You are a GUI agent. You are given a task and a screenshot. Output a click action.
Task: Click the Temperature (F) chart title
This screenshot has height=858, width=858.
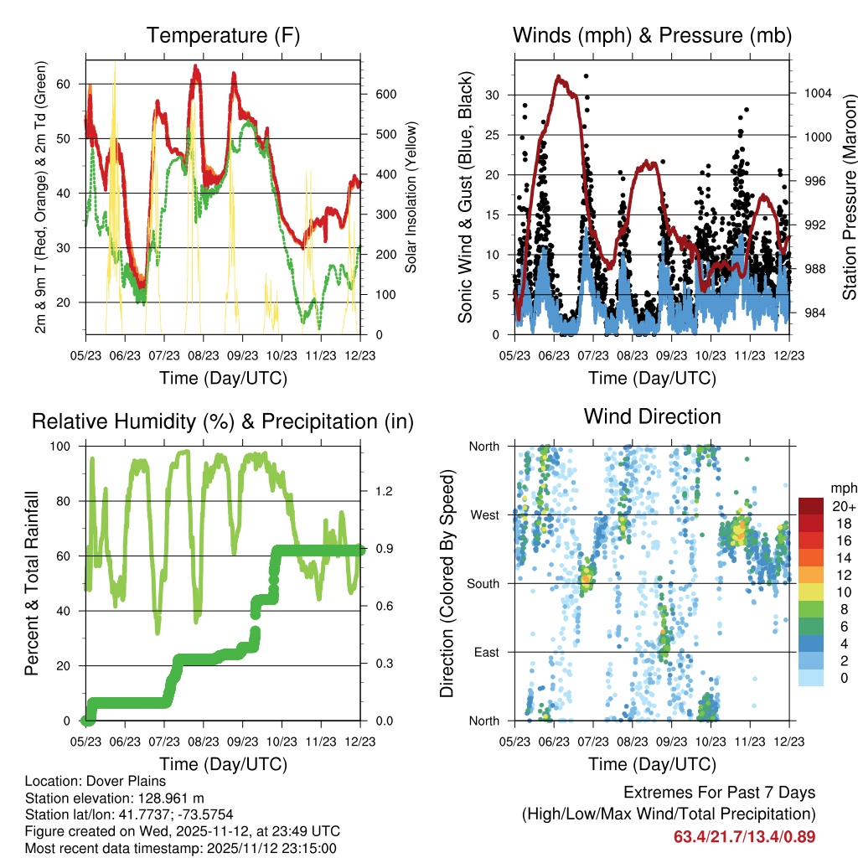click(223, 36)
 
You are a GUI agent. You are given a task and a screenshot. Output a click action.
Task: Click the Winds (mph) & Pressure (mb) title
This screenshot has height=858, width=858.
click(652, 36)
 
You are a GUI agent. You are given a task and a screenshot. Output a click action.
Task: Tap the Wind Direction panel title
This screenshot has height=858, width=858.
click(652, 416)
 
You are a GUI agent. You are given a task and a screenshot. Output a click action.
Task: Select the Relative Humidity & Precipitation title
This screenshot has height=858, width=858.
click(223, 421)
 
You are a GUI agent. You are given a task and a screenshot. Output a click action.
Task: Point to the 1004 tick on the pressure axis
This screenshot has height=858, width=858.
click(816, 93)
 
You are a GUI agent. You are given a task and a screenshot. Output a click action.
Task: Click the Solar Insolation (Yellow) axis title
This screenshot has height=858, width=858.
click(411, 197)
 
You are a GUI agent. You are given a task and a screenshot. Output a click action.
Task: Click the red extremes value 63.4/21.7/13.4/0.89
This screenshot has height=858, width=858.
click(744, 836)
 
